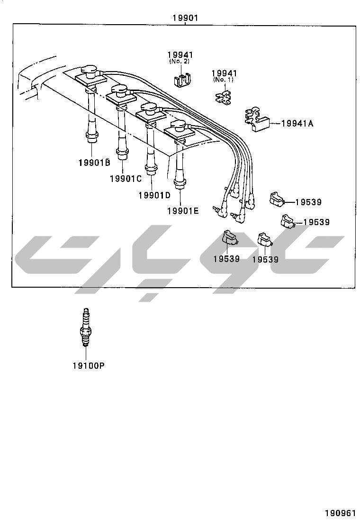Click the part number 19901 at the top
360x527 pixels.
tap(185, 18)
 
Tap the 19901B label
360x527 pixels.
tap(94, 163)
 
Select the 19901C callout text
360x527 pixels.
tap(126, 179)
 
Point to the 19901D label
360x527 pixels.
tap(154, 195)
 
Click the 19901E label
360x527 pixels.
tap(183, 211)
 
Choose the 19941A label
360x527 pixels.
tap(297, 123)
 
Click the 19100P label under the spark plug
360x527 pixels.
tap(89, 365)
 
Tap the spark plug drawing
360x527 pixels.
tap(86, 327)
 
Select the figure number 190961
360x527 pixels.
tap(340, 513)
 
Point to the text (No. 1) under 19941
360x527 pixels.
tap(223, 80)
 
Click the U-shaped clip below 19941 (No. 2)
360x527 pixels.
tap(182, 80)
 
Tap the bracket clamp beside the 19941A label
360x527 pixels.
tap(257, 119)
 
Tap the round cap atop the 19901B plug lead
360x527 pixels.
tap(89, 71)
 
